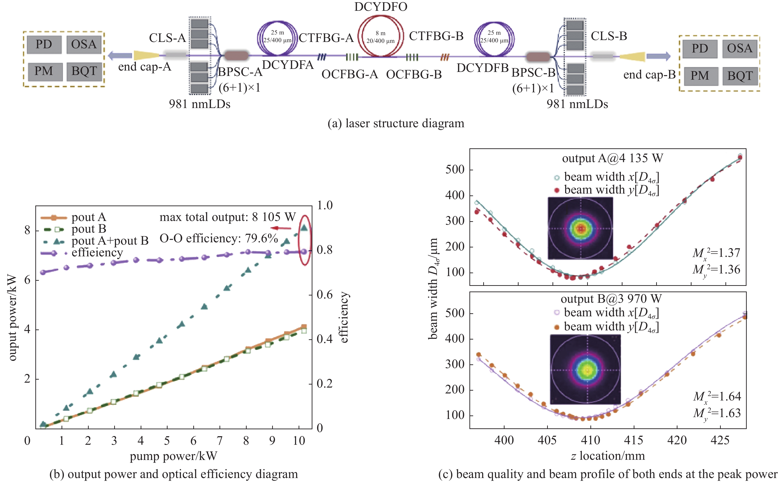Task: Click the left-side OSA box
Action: pyautogui.click(x=84, y=44)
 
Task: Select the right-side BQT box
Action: pyautogui.click(x=740, y=76)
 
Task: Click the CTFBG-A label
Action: pyautogui.click(x=326, y=38)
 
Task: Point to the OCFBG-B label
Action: pyautogui.click(x=414, y=75)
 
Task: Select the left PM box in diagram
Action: pyautogui.click(x=44, y=71)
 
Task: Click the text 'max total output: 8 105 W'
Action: pyautogui.click(x=228, y=217)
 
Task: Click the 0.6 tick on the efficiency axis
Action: pyautogui.click(x=324, y=295)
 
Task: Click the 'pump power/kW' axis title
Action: pyautogui.click(x=173, y=456)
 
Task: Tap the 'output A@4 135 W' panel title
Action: pyautogui.click(x=612, y=158)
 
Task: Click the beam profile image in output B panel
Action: pyautogui.click(x=585, y=369)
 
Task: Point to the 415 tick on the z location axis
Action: pyautogui.click(x=633, y=440)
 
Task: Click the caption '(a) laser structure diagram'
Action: pyautogui.click(x=396, y=123)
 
